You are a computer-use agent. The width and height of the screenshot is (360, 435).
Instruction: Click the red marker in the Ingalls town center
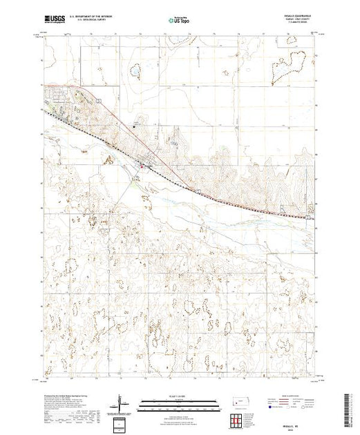coord(143,165)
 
